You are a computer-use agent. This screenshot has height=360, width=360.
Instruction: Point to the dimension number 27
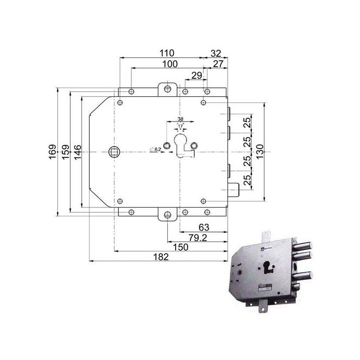218,64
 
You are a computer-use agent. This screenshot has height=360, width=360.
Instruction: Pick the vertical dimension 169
53,151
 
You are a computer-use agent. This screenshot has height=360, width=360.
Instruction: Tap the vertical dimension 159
65,151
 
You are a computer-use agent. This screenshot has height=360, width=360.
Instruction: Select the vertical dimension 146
77,151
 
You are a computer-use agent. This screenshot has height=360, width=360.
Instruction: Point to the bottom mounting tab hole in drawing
167,215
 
